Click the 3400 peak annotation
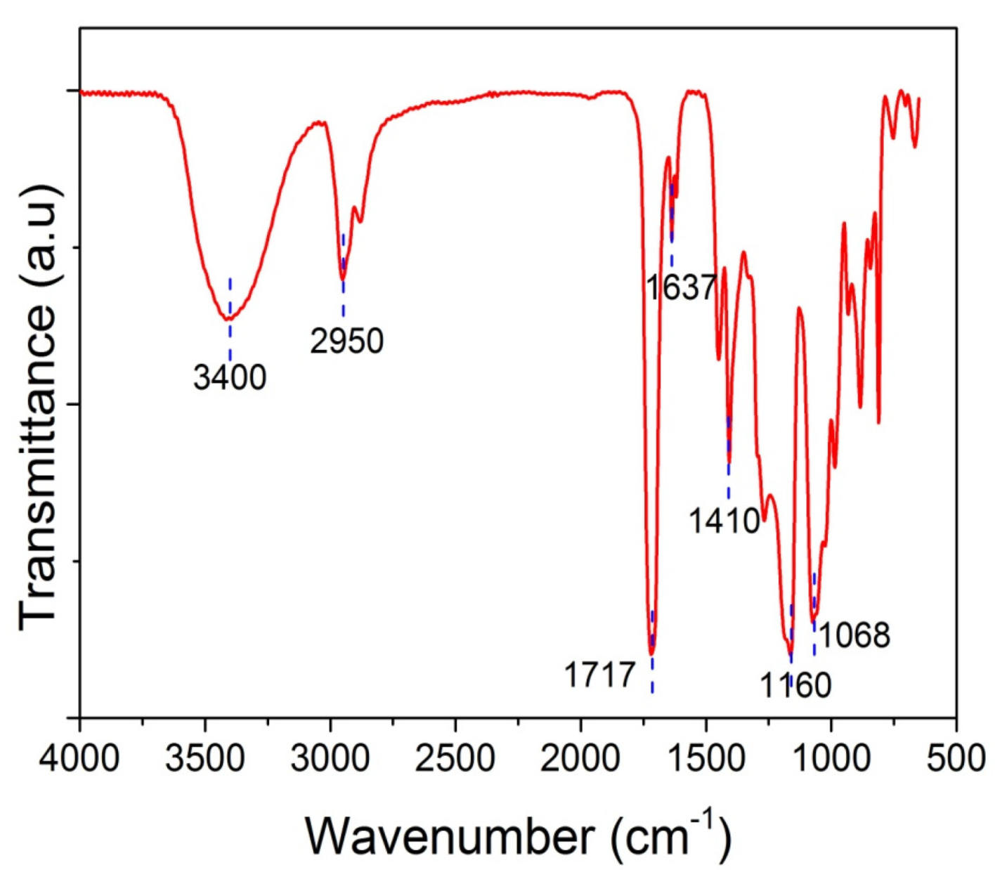click(x=230, y=378)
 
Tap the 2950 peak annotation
click(x=347, y=342)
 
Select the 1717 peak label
click(x=599, y=676)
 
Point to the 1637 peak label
click(x=681, y=287)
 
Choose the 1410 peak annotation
click(x=724, y=521)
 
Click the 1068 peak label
click(x=854, y=635)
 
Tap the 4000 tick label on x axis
click(x=80, y=759)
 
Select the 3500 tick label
click(x=206, y=759)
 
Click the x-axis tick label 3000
click(x=331, y=759)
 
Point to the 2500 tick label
click(x=456, y=759)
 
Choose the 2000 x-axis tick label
click(x=581, y=759)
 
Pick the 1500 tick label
click(x=706, y=759)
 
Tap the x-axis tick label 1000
click(x=831, y=759)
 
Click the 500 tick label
click(x=956, y=759)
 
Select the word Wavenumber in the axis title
click(x=450, y=836)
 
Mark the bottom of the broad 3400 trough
click(x=228, y=319)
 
